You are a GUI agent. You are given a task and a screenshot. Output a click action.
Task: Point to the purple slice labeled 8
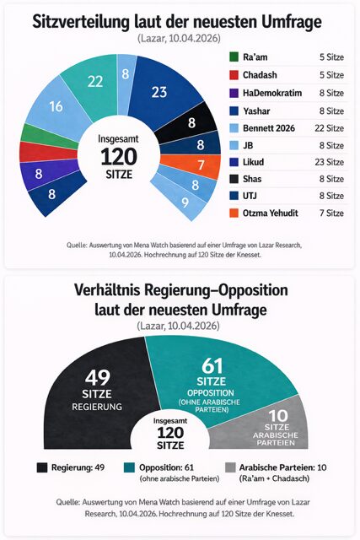point(43,174)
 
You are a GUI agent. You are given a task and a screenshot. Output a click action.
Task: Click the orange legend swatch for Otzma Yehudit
point(234,213)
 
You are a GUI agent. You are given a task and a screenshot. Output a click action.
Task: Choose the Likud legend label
point(253,162)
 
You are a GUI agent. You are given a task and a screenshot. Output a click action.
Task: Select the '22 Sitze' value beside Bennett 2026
point(330,128)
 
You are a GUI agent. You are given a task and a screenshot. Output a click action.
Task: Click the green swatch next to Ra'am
point(234,57)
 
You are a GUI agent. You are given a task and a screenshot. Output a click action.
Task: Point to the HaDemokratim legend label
point(272,93)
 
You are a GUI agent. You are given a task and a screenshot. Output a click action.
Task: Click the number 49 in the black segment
point(98,378)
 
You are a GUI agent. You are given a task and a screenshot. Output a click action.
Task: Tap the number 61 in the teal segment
point(212,365)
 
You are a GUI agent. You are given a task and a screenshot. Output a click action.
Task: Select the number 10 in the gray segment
point(278,416)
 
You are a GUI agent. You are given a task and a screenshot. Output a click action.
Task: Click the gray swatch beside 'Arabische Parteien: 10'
point(230,467)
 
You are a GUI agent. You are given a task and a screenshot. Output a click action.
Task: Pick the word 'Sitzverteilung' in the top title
point(81,23)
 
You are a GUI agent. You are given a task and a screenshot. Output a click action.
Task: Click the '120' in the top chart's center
point(119,157)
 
